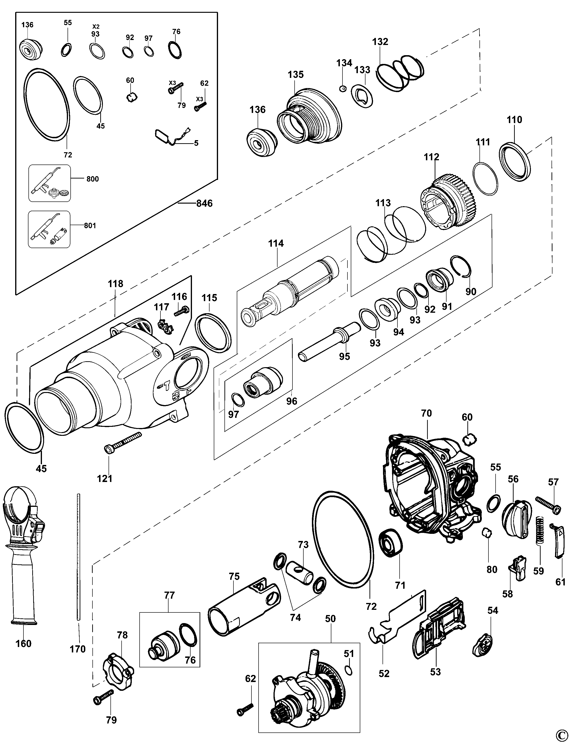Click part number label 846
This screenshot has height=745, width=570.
click(204, 203)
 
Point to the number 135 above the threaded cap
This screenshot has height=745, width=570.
click(296, 75)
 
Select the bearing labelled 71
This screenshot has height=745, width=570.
click(391, 542)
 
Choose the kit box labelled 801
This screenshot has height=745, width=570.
click(50, 229)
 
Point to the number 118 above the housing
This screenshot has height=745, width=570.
click(115, 284)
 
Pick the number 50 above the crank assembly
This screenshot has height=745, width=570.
click(330, 619)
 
